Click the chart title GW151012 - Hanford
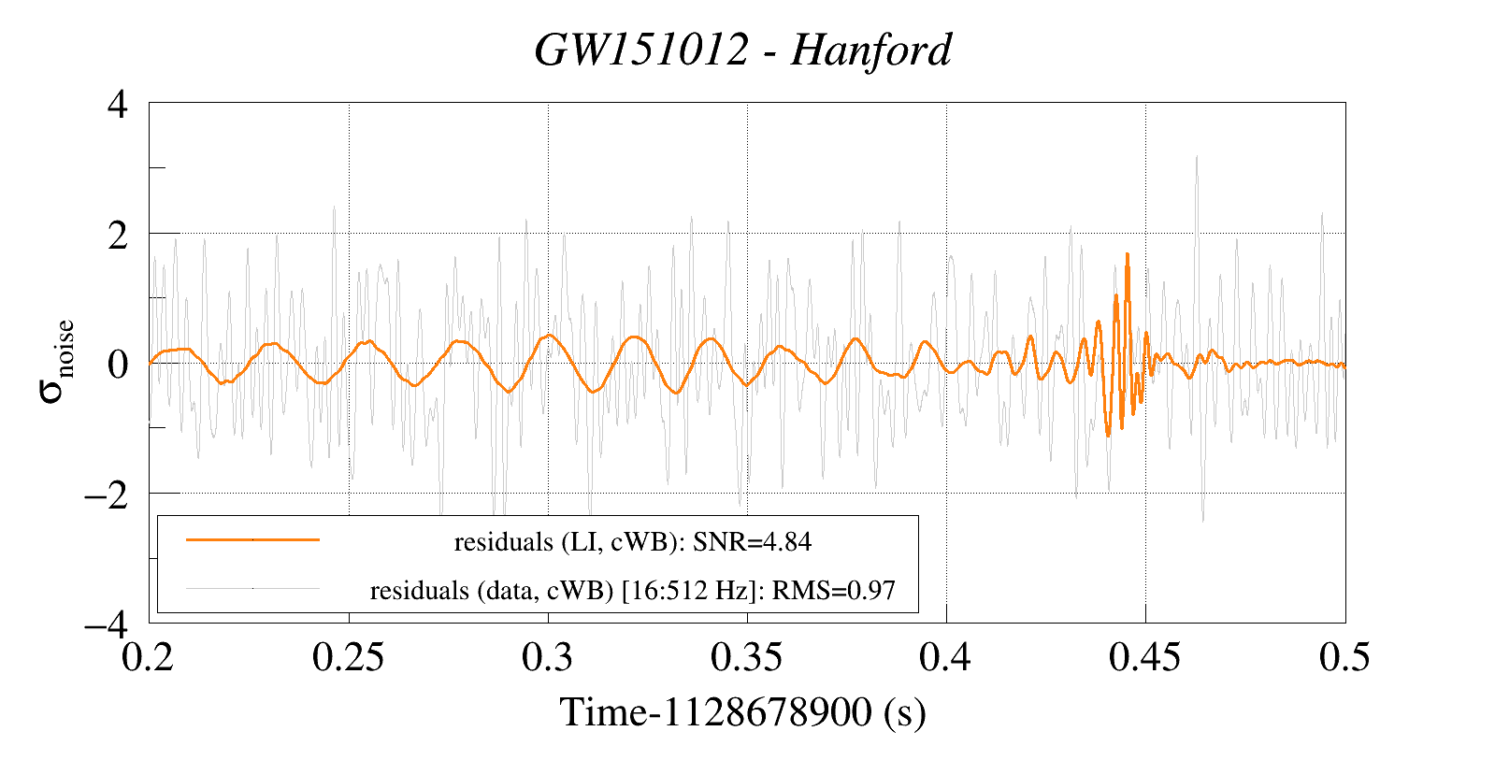click(x=743, y=50)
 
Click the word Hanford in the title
click(x=870, y=50)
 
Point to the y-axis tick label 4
click(x=118, y=104)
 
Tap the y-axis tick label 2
click(x=118, y=235)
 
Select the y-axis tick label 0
click(x=118, y=365)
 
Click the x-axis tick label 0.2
click(x=150, y=658)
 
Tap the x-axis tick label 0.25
click(x=348, y=658)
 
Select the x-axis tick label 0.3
click(x=548, y=658)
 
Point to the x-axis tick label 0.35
click(x=746, y=658)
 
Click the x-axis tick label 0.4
click(x=945, y=658)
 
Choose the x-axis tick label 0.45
click(x=1144, y=658)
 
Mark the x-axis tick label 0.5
click(x=1344, y=658)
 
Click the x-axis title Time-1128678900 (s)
click(x=743, y=713)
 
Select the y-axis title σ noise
click(x=56, y=362)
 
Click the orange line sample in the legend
click(x=252, y=539)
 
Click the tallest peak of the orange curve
click(x=1128, y=254)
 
